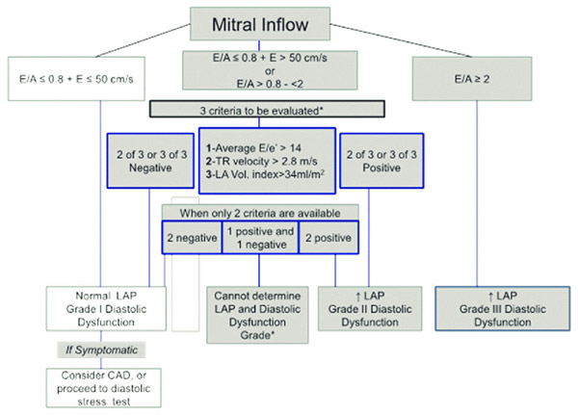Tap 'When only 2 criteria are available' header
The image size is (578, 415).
click(260, 211)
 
